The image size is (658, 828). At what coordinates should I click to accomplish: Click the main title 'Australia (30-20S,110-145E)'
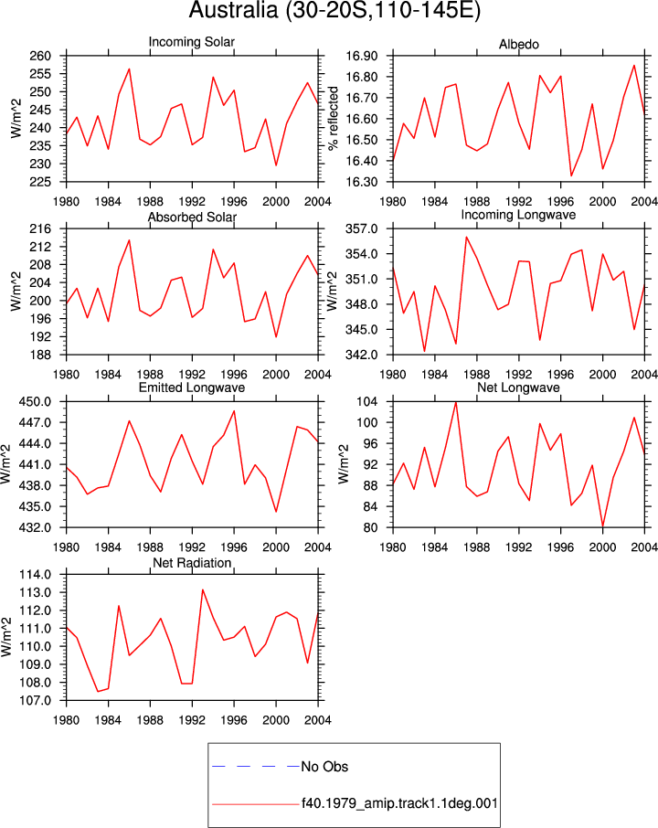(x=334, y=10)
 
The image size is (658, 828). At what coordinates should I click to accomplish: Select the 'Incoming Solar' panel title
(x=192, y=42)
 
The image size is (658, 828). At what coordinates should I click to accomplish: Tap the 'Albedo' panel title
(x=518, y=45)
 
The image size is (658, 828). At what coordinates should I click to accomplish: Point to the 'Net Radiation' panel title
(x=192, y=563)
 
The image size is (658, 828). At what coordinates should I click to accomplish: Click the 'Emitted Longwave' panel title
(x=192, y=387)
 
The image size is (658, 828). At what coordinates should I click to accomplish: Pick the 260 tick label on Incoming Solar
(x=40, y=56)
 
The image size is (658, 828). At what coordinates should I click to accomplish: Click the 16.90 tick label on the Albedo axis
(x=362, y=56)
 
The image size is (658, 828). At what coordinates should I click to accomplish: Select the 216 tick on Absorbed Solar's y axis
(x=40, y=228)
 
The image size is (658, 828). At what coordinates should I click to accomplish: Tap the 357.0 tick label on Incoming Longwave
(x=362, y=228)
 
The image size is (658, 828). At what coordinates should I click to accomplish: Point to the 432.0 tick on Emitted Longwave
(x=36, y=527)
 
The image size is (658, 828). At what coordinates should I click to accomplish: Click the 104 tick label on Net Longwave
(x=367, y=402)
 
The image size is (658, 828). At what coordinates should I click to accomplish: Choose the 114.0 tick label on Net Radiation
(x=36, y=575)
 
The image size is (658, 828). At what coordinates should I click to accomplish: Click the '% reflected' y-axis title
(x=333, y=118)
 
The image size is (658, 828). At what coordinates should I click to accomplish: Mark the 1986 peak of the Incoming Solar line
(x=129, y=69)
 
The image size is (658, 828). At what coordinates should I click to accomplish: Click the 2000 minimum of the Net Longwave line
(x=602, y=526)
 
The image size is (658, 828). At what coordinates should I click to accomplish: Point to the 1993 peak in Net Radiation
(x=202, y=589)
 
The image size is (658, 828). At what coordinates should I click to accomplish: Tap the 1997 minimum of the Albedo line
(x=571, y=175)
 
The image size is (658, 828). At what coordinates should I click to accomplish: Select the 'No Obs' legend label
(x=324, y=767)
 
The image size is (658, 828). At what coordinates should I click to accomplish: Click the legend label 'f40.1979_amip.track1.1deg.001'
(x=399, y=803)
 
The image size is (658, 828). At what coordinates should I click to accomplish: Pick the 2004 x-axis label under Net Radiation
(x=318, y=720)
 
